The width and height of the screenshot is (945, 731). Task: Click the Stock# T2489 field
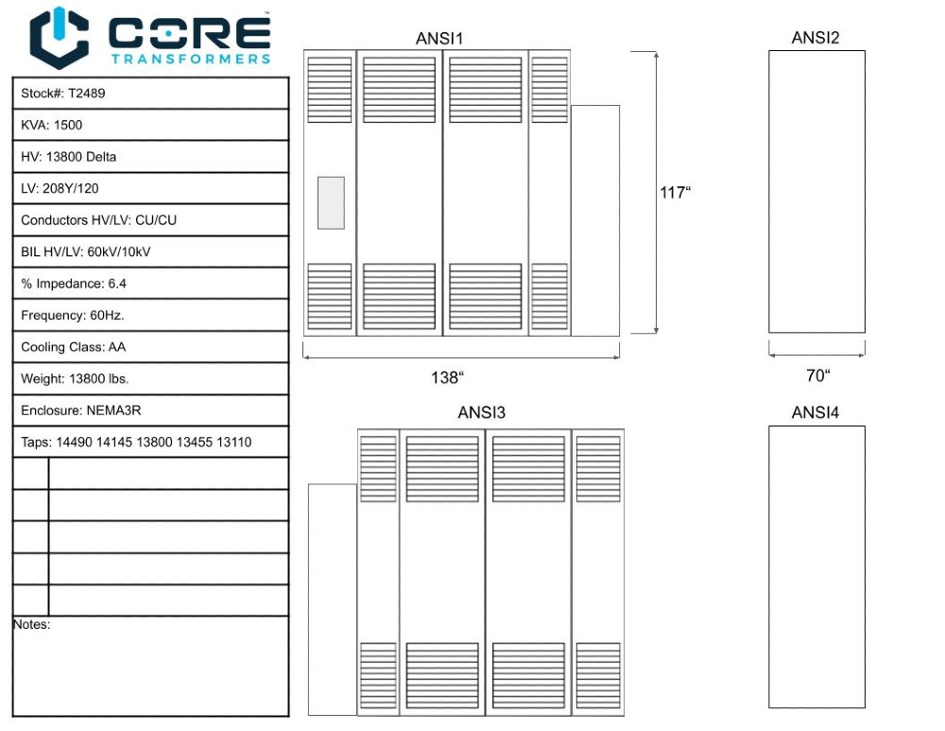point(62,94)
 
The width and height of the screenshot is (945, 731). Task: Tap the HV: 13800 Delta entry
point(68,157)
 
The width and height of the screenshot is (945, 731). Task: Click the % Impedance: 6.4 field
point(74,284)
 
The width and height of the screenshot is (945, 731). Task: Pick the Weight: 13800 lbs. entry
point(75,379)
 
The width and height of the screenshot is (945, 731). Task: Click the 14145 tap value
point(114,442)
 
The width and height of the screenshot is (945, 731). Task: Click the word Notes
point(31,624)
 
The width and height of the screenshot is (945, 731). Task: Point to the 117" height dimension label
point(675,192)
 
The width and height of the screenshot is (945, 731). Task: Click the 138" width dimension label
point(447,377)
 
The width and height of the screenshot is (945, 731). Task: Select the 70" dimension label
point(817,375)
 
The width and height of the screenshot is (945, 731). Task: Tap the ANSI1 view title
point(439,39)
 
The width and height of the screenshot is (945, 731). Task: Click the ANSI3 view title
point(482,412)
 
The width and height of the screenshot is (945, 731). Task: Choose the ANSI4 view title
point(816,412)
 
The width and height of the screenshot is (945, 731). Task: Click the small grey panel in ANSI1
point(331,202)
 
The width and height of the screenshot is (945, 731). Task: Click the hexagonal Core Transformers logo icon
point(59,38)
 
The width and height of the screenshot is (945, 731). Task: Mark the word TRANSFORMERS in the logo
point(191,59)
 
